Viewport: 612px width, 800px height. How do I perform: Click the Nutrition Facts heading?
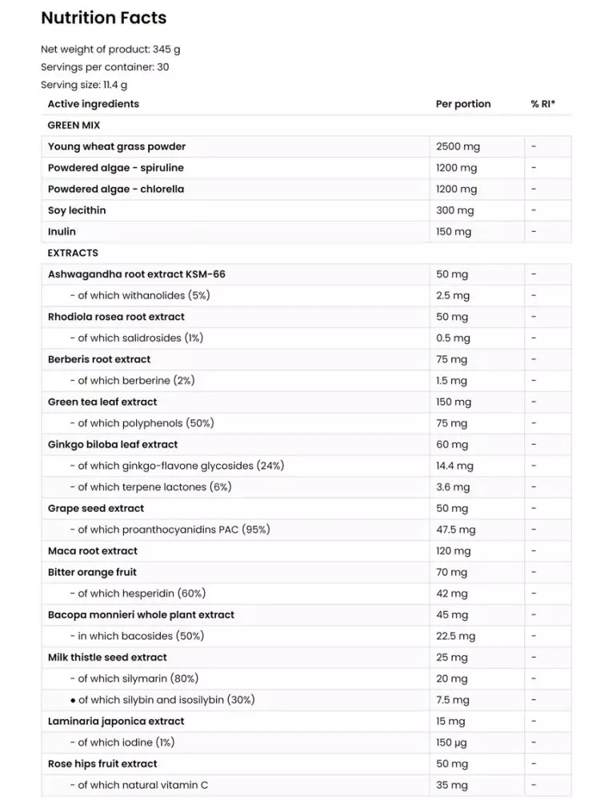(104, 18)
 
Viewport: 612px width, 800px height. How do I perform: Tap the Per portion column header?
(463, 104)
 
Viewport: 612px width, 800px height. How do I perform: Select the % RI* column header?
(543, 104)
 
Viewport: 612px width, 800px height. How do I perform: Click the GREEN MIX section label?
(74, 126)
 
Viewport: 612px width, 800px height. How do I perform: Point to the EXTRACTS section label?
(73, 253)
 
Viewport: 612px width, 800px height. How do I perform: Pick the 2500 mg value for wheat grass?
(458, 146)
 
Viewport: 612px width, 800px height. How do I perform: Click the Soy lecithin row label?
(77, 210)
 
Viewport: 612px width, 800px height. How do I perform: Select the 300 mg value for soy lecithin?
(454, 210)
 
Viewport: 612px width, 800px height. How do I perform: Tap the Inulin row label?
(62, 232)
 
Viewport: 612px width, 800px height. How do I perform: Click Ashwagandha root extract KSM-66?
(137, 274)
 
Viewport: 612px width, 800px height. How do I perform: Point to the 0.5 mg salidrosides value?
(453, 338)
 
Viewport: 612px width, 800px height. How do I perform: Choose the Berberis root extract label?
(99, 359)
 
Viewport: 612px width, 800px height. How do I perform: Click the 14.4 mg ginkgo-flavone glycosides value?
(454, 466)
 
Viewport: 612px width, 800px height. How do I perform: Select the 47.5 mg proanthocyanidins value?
(455, 530)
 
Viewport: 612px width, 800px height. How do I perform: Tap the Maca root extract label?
(93, 551)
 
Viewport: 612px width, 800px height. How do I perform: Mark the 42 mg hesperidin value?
(451, 594)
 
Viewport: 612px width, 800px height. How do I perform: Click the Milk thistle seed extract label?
(107, 658)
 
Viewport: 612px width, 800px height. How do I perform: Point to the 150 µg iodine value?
(451, 742)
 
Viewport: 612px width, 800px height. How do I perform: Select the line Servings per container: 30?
(105, 67)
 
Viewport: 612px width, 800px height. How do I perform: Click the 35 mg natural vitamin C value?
(451, 786)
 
